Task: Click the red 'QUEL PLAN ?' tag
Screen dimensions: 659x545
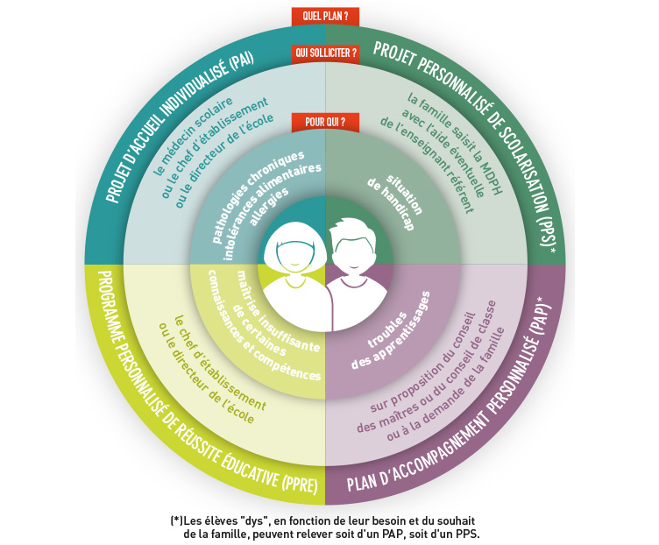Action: pos(325,17)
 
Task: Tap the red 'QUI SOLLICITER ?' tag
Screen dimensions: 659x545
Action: pos(325,53)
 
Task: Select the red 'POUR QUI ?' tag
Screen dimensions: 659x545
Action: pos(325,123)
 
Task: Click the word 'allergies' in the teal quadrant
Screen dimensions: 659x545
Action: pos(270,205)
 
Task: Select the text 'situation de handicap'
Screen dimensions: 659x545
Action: pos(394,201)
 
